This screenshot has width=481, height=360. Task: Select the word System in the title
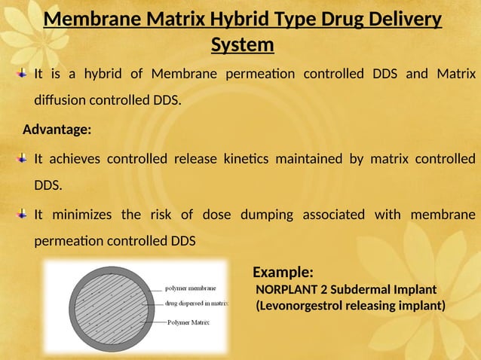242,45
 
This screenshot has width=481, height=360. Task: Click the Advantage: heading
57,130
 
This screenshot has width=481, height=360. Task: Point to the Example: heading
283,271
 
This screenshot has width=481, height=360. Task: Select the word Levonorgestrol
306,306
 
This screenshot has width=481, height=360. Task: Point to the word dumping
267,215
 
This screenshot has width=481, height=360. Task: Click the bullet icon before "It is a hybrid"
23,74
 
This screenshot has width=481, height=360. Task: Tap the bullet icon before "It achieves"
23,159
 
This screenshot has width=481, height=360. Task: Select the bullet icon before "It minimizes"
23,215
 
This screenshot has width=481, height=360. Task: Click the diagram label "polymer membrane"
191,288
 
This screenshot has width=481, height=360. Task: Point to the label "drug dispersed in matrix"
197,304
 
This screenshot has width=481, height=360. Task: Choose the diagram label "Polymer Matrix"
188,322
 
